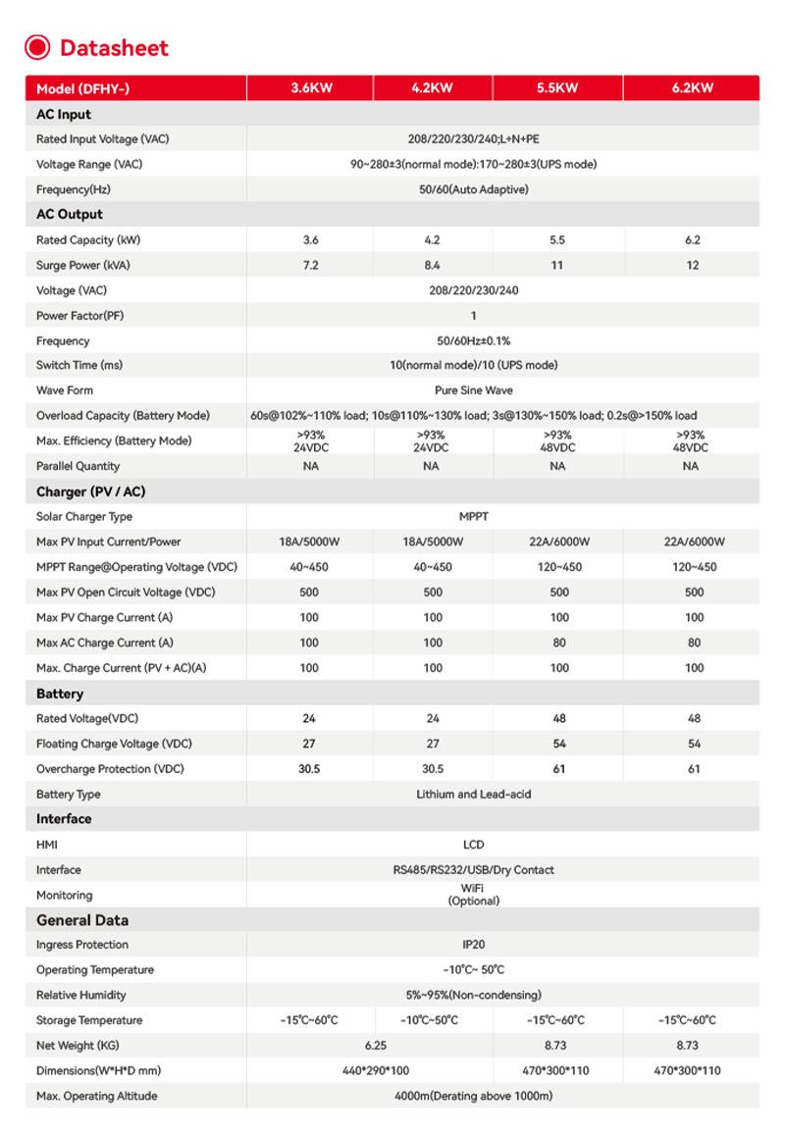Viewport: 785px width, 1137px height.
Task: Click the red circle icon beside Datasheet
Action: coord(37,47)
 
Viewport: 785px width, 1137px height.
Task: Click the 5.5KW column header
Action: coord(557,88)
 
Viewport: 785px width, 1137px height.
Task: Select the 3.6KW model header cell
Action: coord(310,88)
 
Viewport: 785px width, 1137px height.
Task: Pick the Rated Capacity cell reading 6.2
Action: coord(693,240)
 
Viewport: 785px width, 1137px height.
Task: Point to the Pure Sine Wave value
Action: coord(473,390)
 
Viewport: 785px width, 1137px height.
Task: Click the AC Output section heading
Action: coord(70,214)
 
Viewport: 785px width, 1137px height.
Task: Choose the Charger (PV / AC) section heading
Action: coord(90,491)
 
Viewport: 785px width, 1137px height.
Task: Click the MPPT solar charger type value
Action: coord(473,517)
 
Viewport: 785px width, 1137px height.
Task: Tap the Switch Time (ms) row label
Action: coord(79,365)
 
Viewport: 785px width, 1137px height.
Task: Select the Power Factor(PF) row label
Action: coord(79,316)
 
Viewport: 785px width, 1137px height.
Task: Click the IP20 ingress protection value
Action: coord(473,945)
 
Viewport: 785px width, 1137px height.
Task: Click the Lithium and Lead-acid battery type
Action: coord(473,794)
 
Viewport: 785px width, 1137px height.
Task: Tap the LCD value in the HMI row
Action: coord(473,845)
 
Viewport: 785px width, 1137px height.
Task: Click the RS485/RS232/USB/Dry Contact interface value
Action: coord(473,870)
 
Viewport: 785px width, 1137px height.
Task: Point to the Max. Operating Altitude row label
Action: coord(96,1096)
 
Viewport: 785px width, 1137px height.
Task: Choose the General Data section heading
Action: coord(82,920)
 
